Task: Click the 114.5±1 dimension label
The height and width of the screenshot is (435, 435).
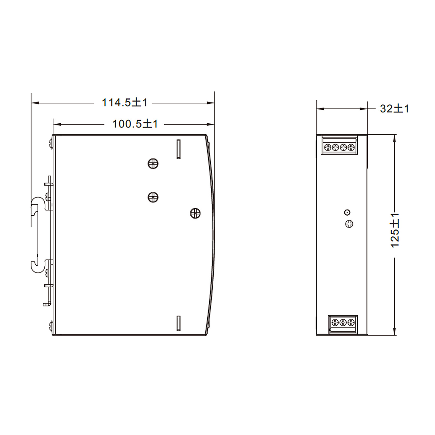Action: pyautogui.click(x=124, y=103)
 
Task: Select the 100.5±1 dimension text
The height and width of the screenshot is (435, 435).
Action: pyautogui.click(x=135, y=124)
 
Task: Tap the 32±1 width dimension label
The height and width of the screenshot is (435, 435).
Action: pyautogui.click(x=394, y=108)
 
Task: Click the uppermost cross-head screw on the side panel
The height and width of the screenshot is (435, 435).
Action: pyautogui.click(x=153, y=164)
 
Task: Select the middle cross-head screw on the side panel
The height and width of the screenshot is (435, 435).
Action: pyautogui.click(x=153, y=197)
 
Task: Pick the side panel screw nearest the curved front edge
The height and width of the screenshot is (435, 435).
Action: pyautogui.click(x=195, y=213)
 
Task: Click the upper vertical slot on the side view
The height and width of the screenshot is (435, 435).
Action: pyautogui.click(x=178, y=149)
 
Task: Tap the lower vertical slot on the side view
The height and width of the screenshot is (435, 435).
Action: pyautogui.click(x=178, y=324)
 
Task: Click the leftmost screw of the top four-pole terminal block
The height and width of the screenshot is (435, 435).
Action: pyautogui.click(x=327, y=148)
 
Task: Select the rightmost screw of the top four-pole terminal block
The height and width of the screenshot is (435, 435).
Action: pyautogui.click(x=351, y=148)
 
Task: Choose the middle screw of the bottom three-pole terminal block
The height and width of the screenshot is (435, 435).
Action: pyautogui.click(x=343, y=323)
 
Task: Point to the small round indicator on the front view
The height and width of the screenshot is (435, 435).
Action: pyautogui.click(x=347, y=212)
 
